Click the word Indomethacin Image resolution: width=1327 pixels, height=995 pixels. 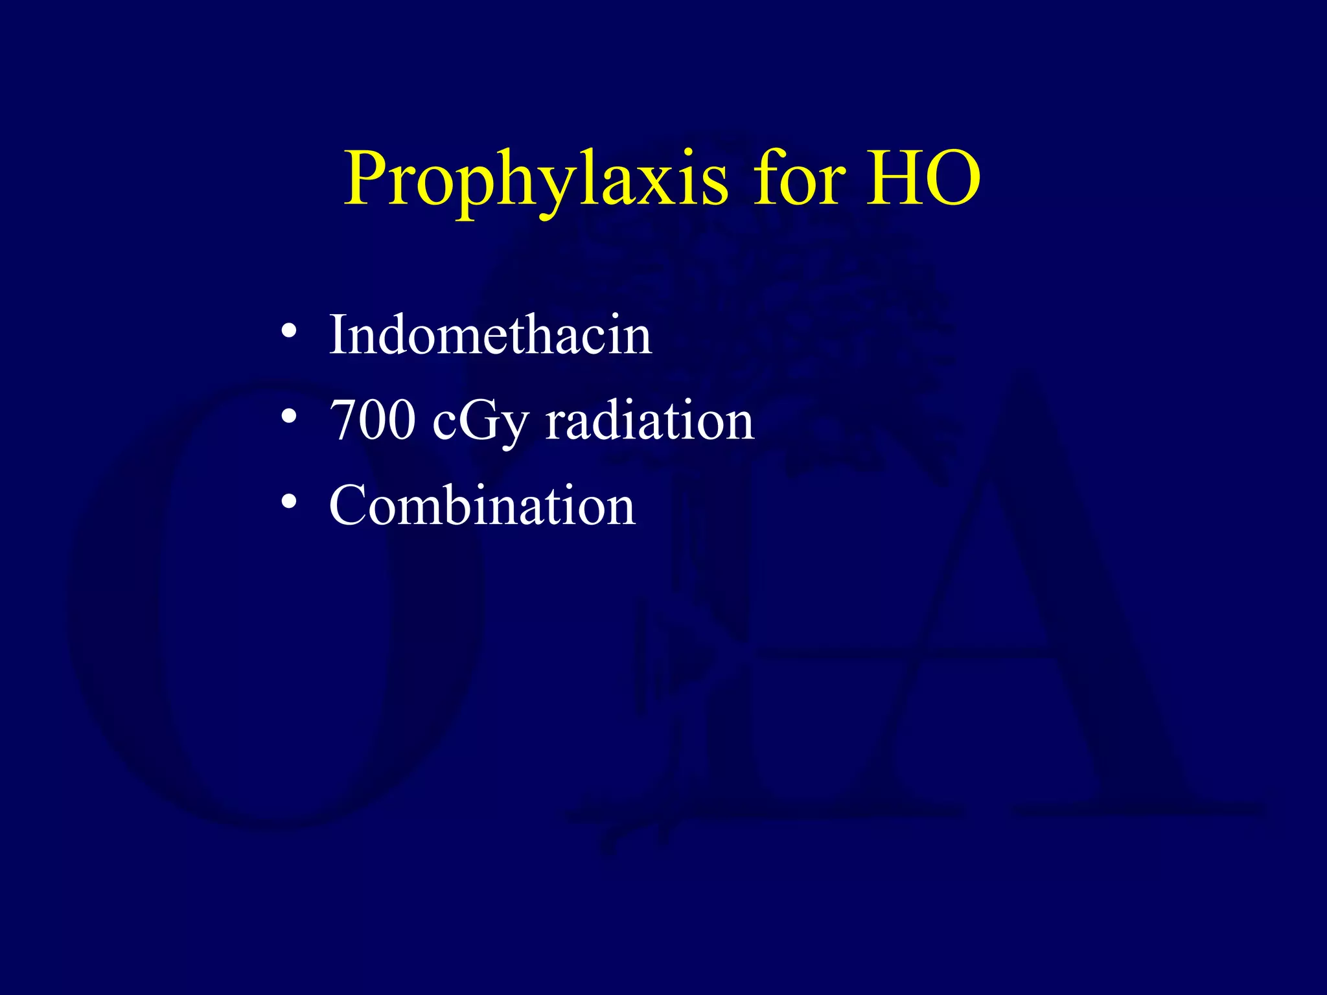pyautogui.click(x=490, y=336)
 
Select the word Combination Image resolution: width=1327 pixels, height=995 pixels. pyautogui.click(x=482, y=505)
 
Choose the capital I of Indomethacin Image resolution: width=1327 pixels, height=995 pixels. pyautogui.click(x=340, y=336)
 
